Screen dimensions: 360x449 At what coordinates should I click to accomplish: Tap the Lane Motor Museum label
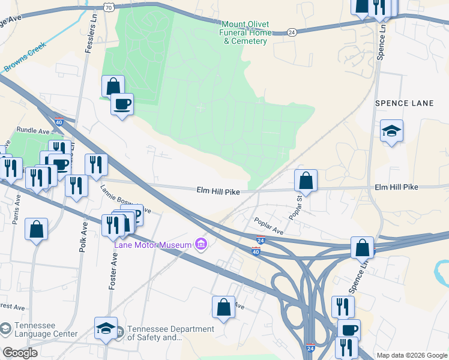(152, 244)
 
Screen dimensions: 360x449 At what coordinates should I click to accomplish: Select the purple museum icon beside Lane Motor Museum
(201, 244)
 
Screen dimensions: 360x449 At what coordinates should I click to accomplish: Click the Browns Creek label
(25, 58)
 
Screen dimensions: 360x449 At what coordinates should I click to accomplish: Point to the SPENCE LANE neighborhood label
(404, 103)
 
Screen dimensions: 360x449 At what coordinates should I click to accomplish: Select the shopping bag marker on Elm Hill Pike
(306, 180)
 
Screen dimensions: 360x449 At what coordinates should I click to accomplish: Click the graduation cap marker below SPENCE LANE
(391, 131)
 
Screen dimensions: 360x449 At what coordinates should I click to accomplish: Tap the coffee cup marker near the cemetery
(122, 104)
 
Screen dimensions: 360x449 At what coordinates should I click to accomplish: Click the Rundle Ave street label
(33, 130)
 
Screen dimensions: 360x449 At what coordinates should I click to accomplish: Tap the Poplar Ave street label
(268, 226)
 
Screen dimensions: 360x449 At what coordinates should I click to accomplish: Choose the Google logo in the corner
(20, 352)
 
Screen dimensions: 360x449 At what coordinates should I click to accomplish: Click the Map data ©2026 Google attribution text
(412, 355)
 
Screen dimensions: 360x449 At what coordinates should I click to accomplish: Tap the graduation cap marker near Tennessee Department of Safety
(106, 328)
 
